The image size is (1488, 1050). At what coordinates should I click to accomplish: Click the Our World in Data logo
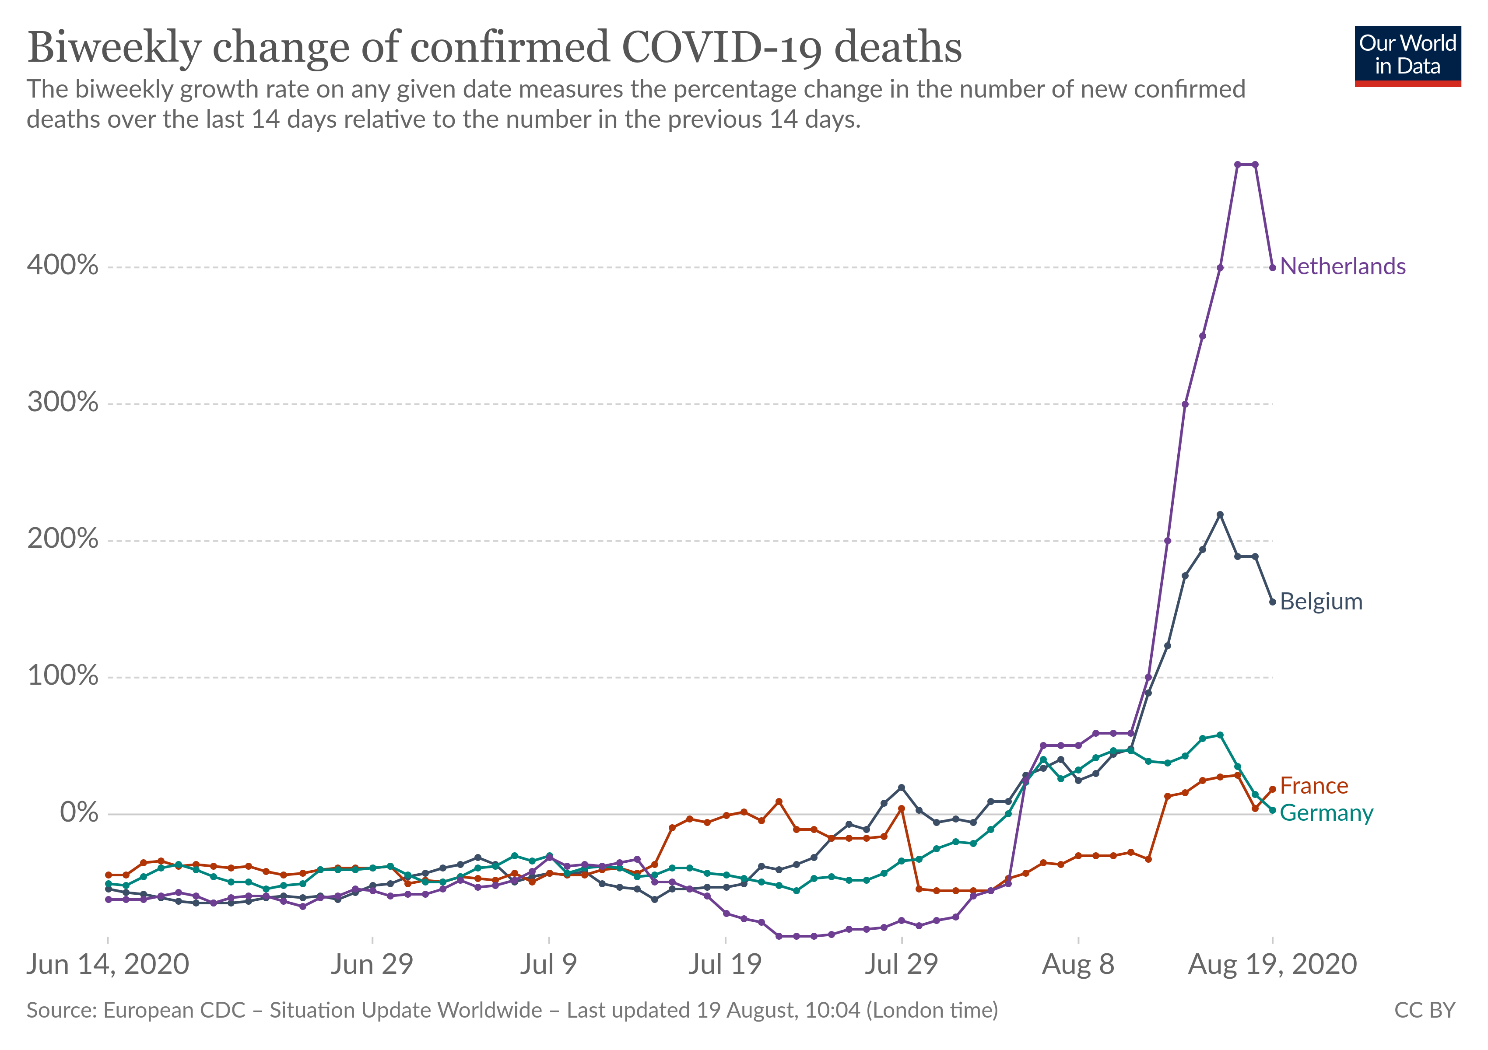coord(1407,56)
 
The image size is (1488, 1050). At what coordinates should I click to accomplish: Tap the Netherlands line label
coord(1342,267)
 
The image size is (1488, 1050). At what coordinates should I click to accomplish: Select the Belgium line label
coord(1321,602)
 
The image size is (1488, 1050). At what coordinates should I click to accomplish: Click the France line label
coord(1314,786)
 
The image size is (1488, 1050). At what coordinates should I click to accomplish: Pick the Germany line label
coord(1326,813)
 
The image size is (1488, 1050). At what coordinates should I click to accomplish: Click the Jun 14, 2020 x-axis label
coord(108,965)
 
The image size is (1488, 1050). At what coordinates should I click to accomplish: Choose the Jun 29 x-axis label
coord(372,965)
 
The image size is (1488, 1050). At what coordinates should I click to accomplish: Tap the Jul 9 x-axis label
coord(548,965)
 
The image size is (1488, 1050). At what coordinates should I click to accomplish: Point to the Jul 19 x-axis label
coord(725,965)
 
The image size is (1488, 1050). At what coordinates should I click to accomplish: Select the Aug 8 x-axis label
coord(1078,965)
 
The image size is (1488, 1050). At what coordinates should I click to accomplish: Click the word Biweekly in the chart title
coord(114,48)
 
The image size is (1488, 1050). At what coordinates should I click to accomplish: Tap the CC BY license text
coord(1425,1011)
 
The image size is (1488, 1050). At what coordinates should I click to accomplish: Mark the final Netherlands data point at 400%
coord(1272,267)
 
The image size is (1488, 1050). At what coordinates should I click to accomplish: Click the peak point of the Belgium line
coord(1220,514)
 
